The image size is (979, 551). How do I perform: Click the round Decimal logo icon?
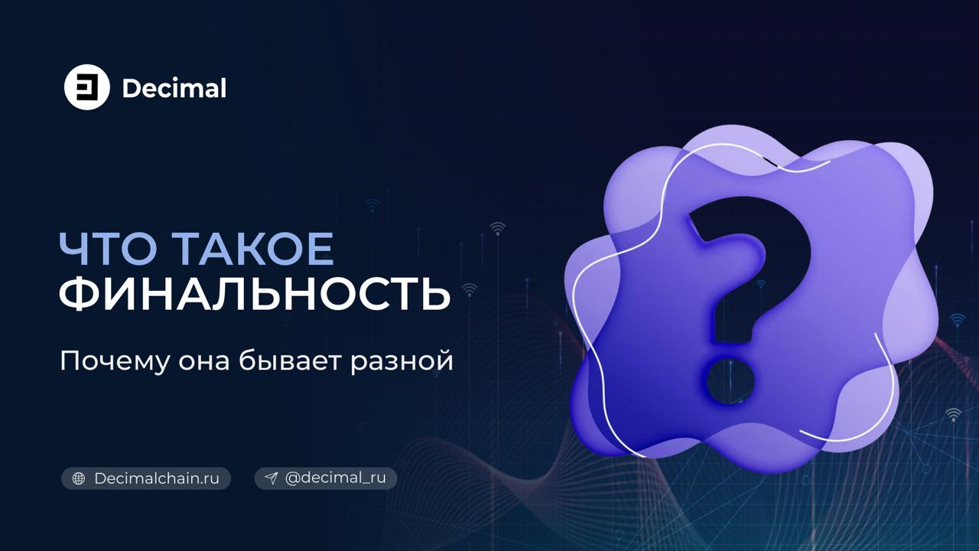pyautogui.click(x=87, y=87)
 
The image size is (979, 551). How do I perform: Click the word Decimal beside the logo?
pyautogui.click(x=174, y=88)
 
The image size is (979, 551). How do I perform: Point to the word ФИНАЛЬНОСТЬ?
pyautogui.click(x=255, y=294)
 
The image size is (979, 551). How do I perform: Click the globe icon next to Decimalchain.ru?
pyautogui.click(x=78, y=478)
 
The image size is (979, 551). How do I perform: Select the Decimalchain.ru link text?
pyautogui.click(x=157, y=478)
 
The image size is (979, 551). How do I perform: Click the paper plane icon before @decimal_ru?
pyautogui.click(x=271, y=478)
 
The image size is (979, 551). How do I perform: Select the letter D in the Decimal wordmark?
pyautogui.click(x=131, y=88)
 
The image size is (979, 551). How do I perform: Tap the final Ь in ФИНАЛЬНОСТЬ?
pyautogui.click(x=432, y=294)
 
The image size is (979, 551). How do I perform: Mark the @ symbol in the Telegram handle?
pyautogui.click(x=292, y=478)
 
